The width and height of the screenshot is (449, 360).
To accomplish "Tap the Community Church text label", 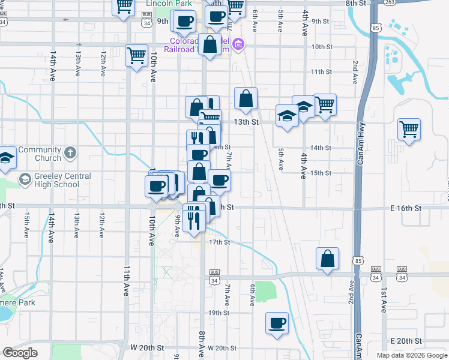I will coord(40,154).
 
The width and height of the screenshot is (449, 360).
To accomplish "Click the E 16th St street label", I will coord(402,208).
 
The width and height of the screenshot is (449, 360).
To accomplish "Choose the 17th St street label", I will coord(219,242).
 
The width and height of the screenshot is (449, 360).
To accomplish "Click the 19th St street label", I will coord(219,313).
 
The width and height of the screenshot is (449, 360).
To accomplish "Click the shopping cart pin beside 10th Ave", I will coord(136,56).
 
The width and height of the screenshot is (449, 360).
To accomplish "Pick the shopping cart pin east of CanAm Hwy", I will coord(409,128).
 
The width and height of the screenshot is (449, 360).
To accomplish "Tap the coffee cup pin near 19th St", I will coord(277,323).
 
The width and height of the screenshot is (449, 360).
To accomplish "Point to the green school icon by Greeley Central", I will coord(25,179).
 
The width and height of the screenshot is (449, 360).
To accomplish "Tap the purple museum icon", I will coord(239,44).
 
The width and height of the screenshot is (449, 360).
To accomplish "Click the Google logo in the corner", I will coord(20,353).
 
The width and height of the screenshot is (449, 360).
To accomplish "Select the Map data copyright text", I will coord(412,355).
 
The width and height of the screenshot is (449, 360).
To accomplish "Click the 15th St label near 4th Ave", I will coord(321,173).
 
